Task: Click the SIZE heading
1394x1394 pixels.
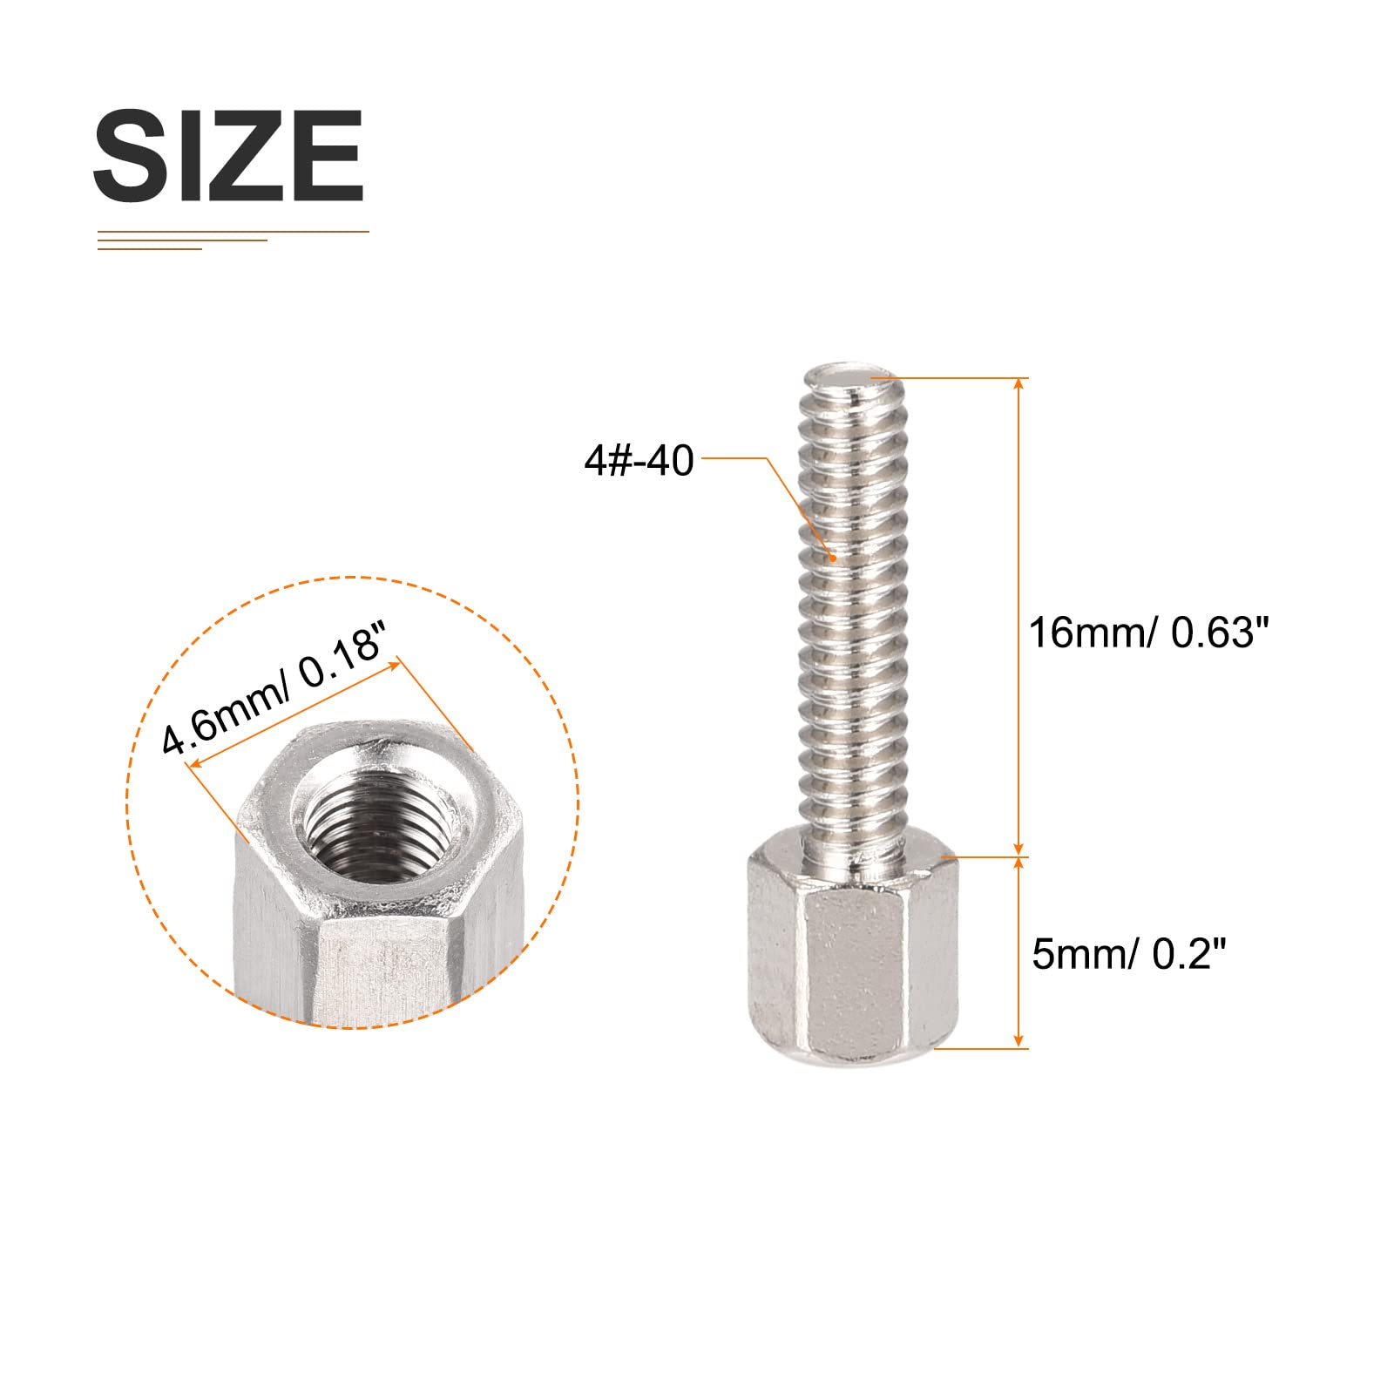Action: (228, 156)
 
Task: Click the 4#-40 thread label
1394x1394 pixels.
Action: (639, 460)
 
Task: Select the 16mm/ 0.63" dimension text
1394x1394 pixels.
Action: (1148, 633)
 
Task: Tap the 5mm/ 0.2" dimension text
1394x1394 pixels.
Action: (1128, 954)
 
